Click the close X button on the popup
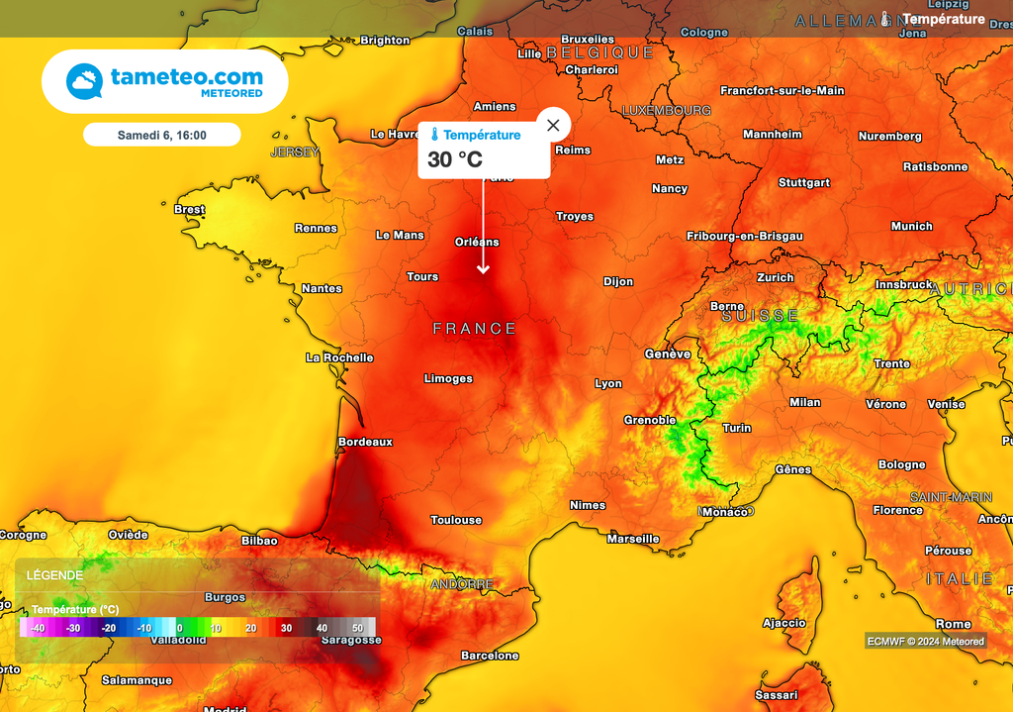pos(553,125)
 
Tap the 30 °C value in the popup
pos(455,159)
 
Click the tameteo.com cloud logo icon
pos(84,81)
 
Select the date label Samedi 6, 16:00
pos(161,135)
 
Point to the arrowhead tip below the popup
pos(484,272)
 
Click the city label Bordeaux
pos(365,442)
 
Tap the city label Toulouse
pos(456,520)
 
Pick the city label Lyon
pos(608,384)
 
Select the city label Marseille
pos(633,539)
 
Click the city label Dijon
pos(618,282)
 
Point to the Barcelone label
pos(490,656)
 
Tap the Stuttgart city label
pos(804,183)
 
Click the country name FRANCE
pos(475,329)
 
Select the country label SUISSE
pos(760,316)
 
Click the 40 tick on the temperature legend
pos(322,628)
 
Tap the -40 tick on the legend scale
pos(38,628)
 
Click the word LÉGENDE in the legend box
pos(54,575)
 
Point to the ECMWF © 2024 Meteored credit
pos(926,641)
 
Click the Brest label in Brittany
pos(189,210)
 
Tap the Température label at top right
pos(944,19)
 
